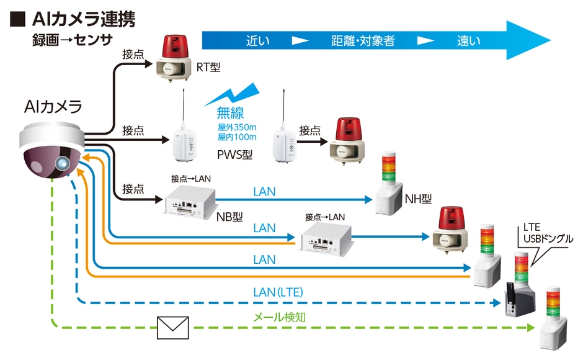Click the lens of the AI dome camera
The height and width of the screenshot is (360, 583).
tap(63, 163)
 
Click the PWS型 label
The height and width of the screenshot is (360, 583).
tap(236, 153)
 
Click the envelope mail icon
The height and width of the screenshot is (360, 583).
tap(172, 327)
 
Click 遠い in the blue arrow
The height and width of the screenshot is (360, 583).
tap(469, 41)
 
